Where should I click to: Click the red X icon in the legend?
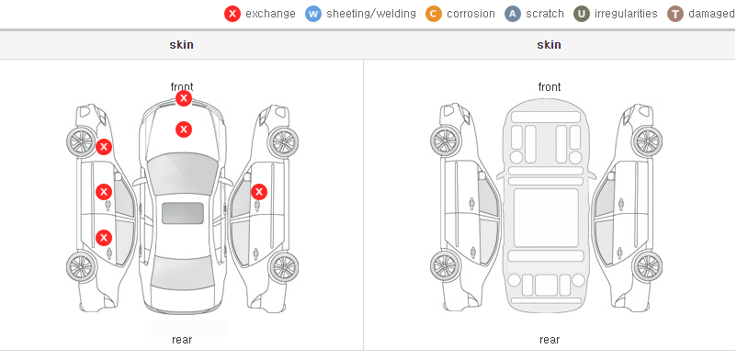point(232,14)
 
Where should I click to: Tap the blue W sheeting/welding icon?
point(313,14)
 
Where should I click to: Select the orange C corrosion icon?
point(434,14)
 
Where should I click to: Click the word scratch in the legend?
point(545,14)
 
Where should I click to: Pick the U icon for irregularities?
point(582,14)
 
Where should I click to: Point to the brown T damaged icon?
point(675,14)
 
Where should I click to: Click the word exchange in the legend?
point(270,14)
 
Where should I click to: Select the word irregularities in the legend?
point(626,14)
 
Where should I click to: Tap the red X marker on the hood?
point(184,129)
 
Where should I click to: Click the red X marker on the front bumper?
point(184,98)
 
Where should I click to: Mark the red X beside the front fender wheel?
point(104,147)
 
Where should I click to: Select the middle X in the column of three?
point(104,192)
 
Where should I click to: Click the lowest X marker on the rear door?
point(104,238)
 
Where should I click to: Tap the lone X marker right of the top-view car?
point(259,192)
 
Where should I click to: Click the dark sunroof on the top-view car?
point(183,213)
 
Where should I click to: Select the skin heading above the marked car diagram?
point(181,45)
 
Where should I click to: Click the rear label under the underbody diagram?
point(550,339)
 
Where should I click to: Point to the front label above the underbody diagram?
point(550,87)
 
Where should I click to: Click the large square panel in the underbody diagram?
point(546,218)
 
